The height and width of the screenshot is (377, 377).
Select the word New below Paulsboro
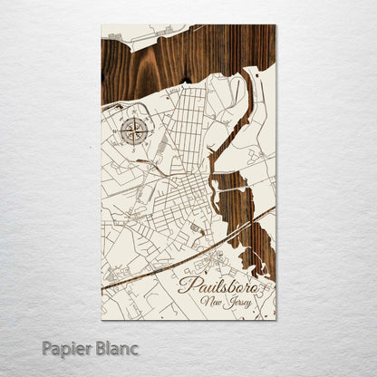pyautogui.click(x=214, y=303)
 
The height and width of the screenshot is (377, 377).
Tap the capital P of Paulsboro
pyautogui.click(x=187, y=286)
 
